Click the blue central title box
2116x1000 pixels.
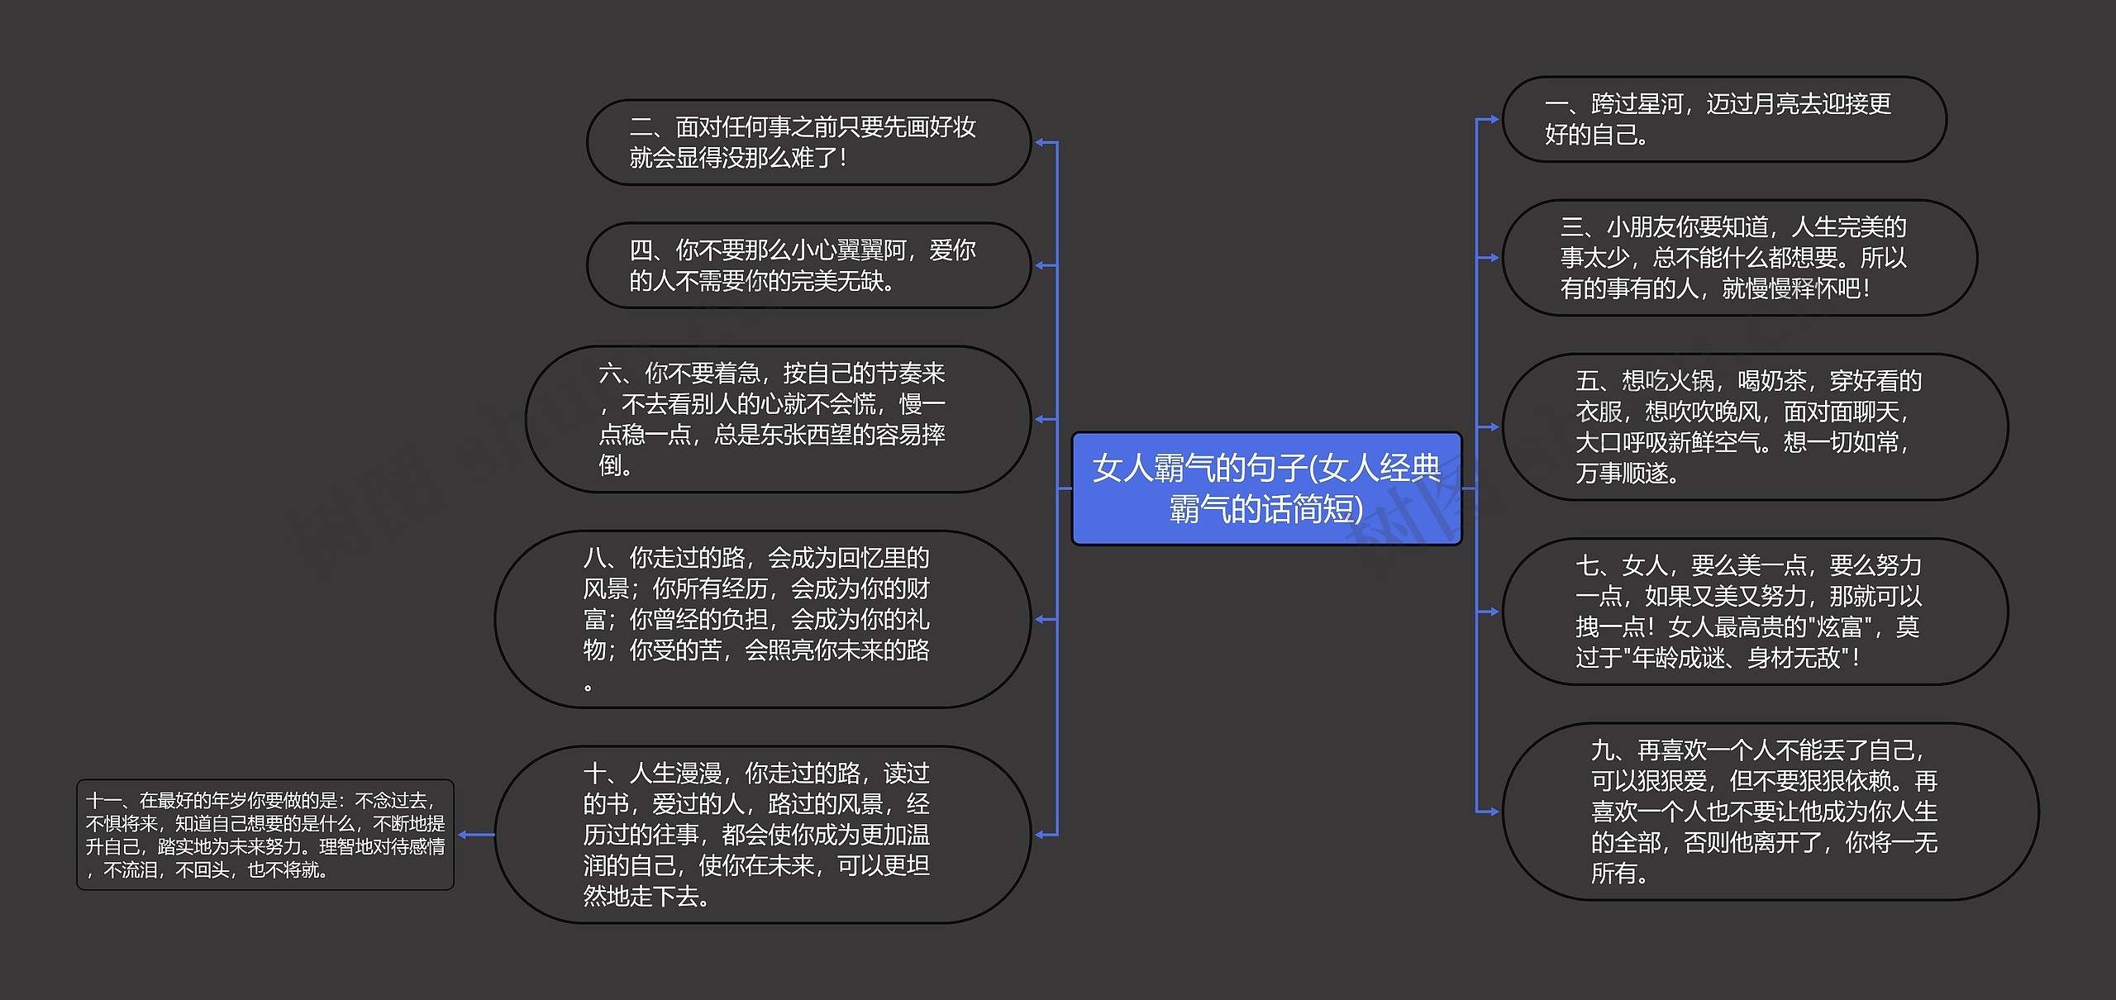tap(1266, 488)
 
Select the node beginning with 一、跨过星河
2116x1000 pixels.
tap(1724, 119)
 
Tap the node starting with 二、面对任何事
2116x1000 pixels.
tap(809, 142)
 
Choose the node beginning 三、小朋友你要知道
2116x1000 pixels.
tap(1740, 258)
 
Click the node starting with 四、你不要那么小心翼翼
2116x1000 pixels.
tap(809, 265)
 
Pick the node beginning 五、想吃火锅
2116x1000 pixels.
tap(1755, 427)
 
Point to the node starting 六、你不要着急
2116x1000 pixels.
tap(779, 420)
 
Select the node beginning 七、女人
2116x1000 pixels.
tap(1755, 612)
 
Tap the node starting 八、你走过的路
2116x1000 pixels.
tap(763, 619)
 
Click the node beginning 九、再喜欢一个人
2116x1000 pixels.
tap(1770, 812)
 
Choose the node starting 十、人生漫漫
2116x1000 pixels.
tap(763, 835)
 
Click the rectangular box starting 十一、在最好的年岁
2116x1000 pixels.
tap(265, 835)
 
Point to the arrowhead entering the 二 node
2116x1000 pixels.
tap(1041, 142)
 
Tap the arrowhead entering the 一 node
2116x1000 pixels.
tap(1492, 119)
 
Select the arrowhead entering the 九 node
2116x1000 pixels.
tap(1492, 812)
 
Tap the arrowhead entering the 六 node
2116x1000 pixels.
tap(1041, 420)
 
